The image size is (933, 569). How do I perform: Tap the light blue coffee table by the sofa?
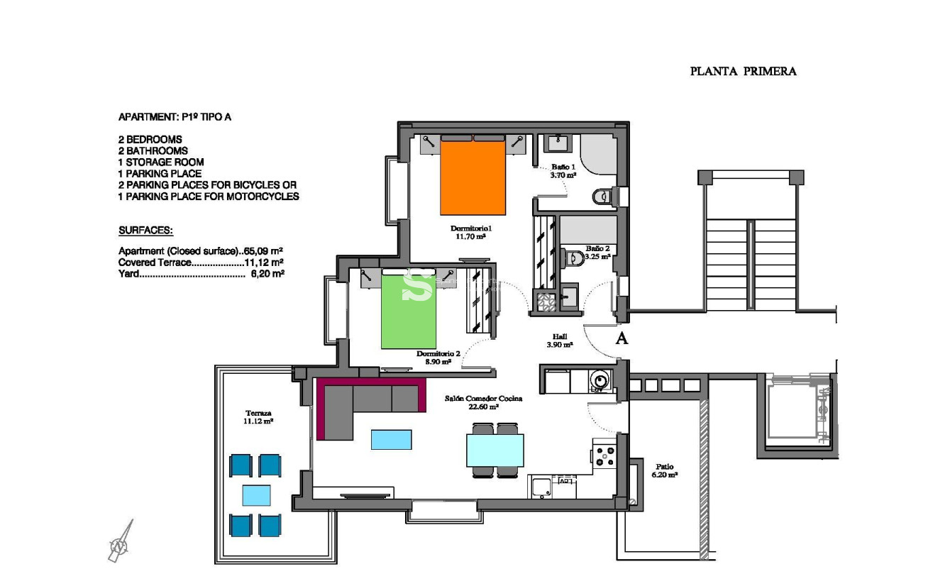tap(391, 440)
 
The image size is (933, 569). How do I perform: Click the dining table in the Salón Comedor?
tap(495, 450)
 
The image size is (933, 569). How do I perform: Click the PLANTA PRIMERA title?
tap(743, 71)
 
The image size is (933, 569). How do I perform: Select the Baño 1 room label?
tap(563, 170)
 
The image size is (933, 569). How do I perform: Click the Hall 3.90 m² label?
tap(560, 341)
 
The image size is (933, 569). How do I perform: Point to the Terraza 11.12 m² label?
tap(259, 416)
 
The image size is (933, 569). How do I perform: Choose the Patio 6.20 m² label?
tap(664, 470)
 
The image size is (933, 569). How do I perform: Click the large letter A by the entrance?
tap(622, 338)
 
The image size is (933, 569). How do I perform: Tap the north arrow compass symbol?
tap(121, 542)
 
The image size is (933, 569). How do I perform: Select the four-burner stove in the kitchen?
tap(604, 455)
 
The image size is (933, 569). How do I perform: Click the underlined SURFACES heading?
tap(145, 231)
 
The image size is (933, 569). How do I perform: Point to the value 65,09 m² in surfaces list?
tap(263, 251)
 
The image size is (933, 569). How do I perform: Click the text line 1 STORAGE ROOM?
tap(161, 162)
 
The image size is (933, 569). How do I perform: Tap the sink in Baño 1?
tap(556, 144)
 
